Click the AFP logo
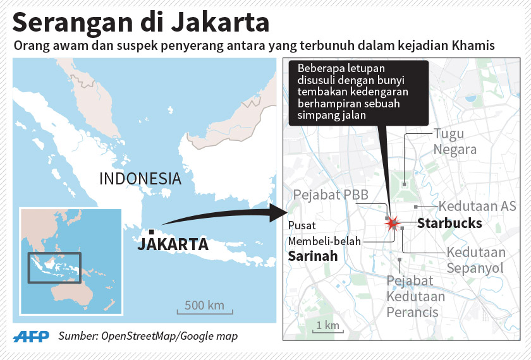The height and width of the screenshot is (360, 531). [x=32, y=336]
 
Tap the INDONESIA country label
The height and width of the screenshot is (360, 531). [x=140, y=179]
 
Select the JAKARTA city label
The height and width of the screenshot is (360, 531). [x=173, y=244]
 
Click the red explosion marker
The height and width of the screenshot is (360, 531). [x=393, y=222]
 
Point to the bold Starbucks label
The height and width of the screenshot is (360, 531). [x=449, y=224]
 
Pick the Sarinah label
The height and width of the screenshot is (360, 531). [x=313, y=256]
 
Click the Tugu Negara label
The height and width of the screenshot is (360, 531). [x=455, y=141]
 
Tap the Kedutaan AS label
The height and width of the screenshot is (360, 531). [x=477, y=207]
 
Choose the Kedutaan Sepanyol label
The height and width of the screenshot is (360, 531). [x=476, y=260]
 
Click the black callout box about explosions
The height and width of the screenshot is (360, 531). [x=358, y=92]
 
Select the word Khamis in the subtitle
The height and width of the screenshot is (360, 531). [x=472, y=47]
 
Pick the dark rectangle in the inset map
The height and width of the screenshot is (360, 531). [x=54, y=268]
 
